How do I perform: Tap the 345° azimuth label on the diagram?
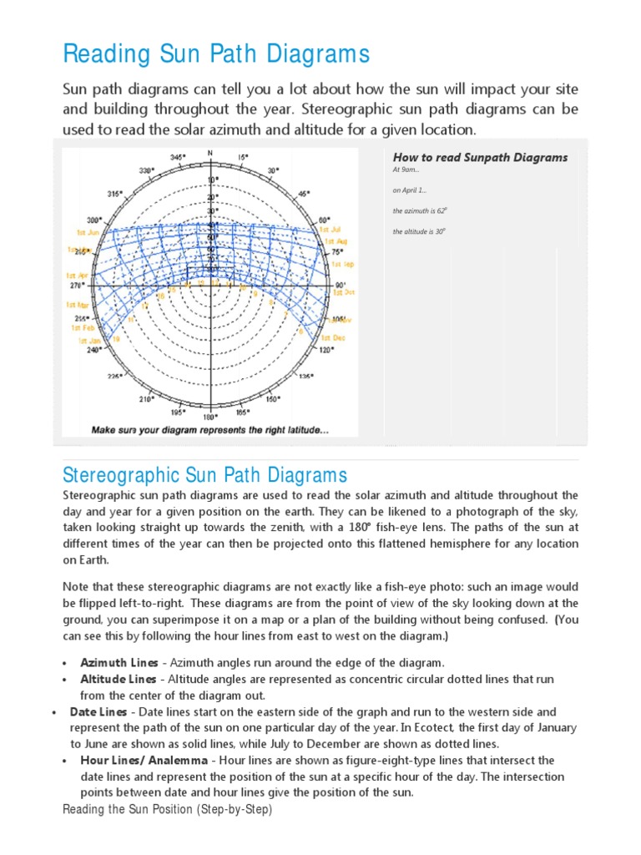[178, 157]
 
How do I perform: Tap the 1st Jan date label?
[89, 341]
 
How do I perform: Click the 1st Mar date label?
[78, 306]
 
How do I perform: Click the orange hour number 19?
[116, 340]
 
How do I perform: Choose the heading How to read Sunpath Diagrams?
[480, 157]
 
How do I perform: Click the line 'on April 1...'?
[410, 190]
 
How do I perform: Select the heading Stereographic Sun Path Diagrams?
[204, 476]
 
